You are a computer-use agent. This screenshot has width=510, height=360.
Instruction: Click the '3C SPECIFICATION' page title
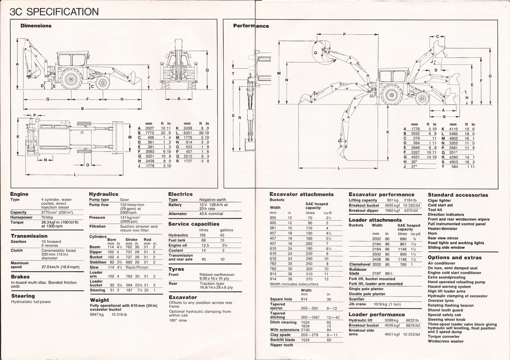50,11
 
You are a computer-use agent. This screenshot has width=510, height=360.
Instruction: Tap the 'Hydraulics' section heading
104,194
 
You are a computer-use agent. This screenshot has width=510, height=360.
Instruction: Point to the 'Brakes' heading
20,277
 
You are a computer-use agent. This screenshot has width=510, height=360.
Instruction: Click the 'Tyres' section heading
176,269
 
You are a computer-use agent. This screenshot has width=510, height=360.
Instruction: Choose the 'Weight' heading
99,300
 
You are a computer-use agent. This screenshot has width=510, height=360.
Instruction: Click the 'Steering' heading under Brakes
23,296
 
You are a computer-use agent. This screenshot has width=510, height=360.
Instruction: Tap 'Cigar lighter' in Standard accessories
439,201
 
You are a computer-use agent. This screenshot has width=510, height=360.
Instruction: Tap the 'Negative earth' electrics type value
213,199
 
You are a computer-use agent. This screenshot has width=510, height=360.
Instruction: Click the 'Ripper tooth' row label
281,345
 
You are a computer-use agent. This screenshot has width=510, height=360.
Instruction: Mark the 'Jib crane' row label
358,304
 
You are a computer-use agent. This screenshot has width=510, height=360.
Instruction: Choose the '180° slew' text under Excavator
178,320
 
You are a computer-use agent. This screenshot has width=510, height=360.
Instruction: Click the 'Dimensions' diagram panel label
36,26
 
